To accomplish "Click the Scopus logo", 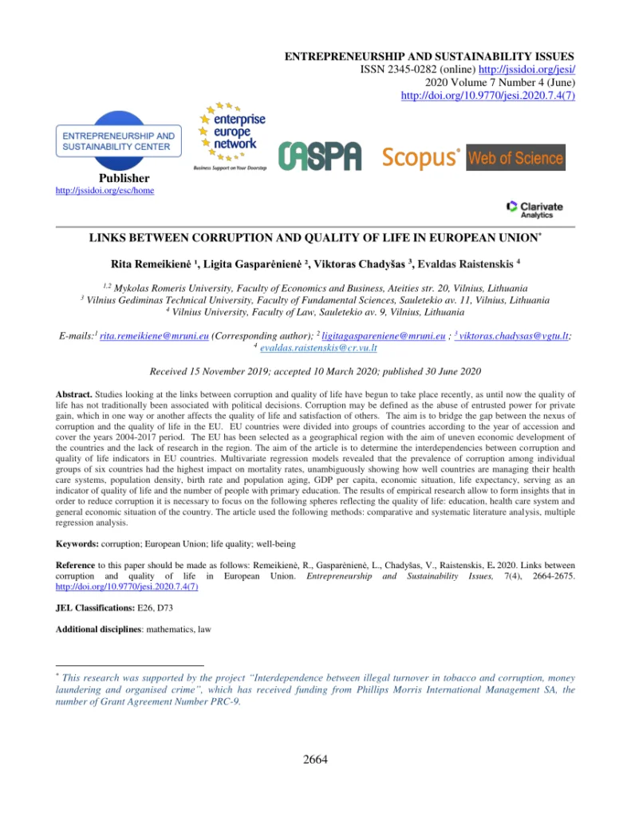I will (420, 157).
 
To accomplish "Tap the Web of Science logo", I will (515, 157).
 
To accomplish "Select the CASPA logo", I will (320, 156).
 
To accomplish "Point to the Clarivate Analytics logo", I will (534, 208).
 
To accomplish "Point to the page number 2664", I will (315, 759).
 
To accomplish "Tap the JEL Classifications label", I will (99, 607).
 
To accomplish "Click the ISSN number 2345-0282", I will (392, 69).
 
